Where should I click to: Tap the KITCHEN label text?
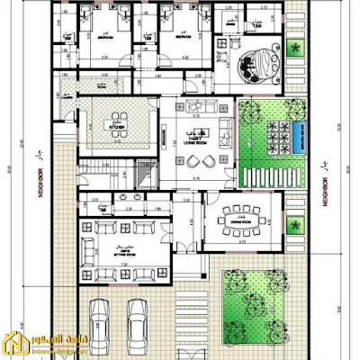click(116, 127)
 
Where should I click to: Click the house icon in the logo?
click(15, 342)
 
